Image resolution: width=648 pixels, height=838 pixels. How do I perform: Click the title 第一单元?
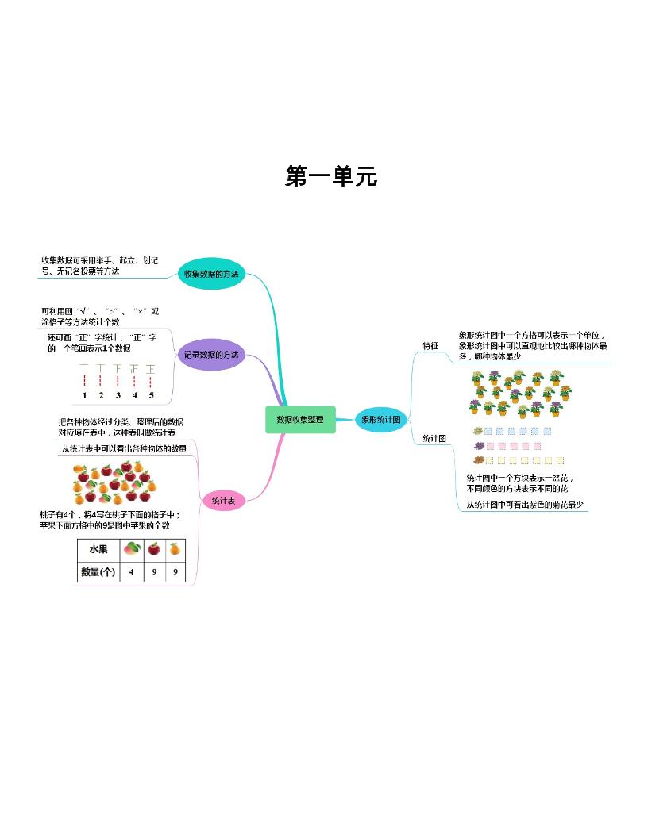coord(330,177)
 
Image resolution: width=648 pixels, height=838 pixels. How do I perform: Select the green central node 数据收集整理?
coord(300,419)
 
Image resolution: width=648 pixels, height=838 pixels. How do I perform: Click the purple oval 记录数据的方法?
coord(210,354)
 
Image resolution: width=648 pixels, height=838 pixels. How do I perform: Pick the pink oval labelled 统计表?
coord(223,500)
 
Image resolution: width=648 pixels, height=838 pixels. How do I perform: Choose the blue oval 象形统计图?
coord(381,419)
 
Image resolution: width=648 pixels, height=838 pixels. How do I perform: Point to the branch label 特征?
coord(430,346)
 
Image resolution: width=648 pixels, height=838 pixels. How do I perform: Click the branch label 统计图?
coord(434,438)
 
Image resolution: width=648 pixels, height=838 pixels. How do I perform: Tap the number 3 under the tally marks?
coord(118,394)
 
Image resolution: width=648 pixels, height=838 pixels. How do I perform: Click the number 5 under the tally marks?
coord(151,394)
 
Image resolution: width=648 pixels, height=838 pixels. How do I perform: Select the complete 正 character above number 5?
coord(151,369)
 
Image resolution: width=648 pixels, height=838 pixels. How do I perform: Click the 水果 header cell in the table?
coord(98,549)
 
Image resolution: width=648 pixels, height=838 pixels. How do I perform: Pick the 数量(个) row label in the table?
coord(98,571)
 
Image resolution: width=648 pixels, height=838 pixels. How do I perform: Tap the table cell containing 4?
coord(131,571)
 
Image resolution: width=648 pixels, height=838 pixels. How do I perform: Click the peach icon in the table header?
coord(131,548)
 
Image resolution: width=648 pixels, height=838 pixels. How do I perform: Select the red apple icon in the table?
coord(153,548)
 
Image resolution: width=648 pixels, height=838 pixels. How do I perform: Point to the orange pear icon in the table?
coord(175,548)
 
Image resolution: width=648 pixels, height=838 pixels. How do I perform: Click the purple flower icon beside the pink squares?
coord(478,446)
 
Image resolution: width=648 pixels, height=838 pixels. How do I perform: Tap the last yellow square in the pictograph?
coord(561,460)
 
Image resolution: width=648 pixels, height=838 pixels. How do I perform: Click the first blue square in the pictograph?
coord(489,432)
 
